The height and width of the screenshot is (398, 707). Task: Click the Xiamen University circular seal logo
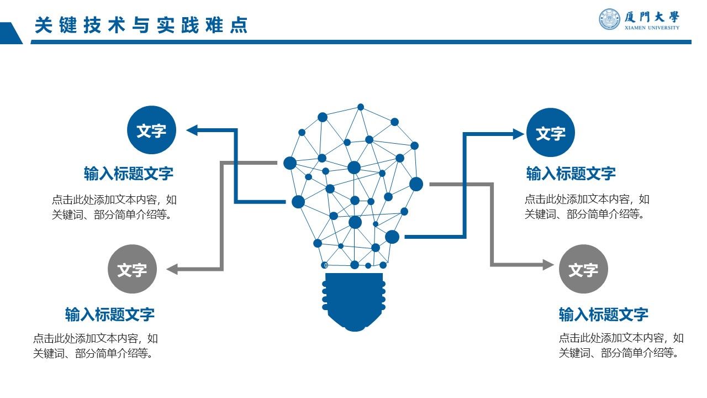tap(610, 19)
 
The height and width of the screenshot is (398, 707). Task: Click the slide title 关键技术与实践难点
tap(141, 25)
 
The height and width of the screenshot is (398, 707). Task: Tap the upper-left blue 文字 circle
tap(151, 130)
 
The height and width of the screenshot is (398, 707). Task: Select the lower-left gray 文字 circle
tap(132, 269)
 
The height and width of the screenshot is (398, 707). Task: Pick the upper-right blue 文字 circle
tap(550, 133)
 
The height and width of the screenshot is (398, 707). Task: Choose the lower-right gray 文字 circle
tap(583, 269)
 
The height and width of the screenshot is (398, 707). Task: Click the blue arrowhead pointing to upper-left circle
tap(192, 130)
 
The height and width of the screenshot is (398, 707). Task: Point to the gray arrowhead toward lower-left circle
tap(172, 269)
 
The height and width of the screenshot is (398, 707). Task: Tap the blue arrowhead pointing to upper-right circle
tap(518, 134)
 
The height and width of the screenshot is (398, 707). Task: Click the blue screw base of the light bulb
tap(354, 301)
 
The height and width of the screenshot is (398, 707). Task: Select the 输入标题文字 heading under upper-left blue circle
tap(129, 174)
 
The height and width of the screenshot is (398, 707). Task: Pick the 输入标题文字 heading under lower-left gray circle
tap(110, 315)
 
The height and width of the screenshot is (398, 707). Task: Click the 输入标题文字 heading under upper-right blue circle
tap(571, 174)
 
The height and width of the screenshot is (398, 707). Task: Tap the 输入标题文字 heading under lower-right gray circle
tap(603, 315)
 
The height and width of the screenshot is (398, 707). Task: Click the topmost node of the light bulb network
tap(361, 107)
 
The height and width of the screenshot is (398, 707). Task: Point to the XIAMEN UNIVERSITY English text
tap(652, 28)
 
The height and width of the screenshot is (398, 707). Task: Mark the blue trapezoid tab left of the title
tap(10, 33)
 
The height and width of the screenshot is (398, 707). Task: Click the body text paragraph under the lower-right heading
tap(621, 345)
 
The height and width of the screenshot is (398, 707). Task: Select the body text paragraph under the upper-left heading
tap(114, 207)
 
